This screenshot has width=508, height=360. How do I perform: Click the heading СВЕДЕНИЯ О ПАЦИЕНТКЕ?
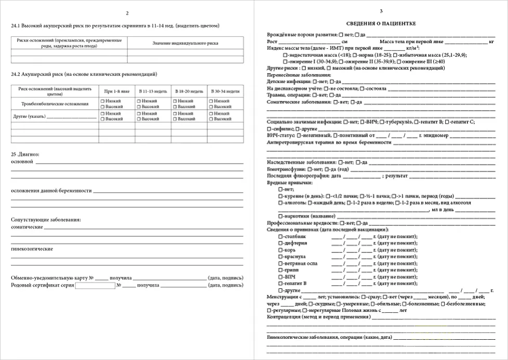click(x=381, y=24)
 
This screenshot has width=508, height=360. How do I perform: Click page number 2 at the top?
click(x=127, y=13)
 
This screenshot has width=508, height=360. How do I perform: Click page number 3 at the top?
click(x=381, y=11)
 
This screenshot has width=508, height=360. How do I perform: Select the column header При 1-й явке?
click(x=116, y=91)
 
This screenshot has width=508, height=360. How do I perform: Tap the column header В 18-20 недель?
click(x=189, y=91)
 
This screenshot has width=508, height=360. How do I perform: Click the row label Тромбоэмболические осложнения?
click(x=55, y=104)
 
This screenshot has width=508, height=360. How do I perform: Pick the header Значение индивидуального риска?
click(x=185, y=43)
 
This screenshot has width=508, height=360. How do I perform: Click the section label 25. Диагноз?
click(x=25, y=154)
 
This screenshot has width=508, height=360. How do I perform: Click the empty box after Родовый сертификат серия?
click(x=95, y=285)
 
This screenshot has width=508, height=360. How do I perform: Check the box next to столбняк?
click(x=280, y=236)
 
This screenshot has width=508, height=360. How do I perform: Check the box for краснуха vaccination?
click(x=280, y=257)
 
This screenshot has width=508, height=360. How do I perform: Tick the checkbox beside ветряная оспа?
click(x=280, y=263)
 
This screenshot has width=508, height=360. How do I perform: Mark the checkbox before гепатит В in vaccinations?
click(x=280, y=284)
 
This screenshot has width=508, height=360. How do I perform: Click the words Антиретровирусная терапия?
click(x=299, y=142)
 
